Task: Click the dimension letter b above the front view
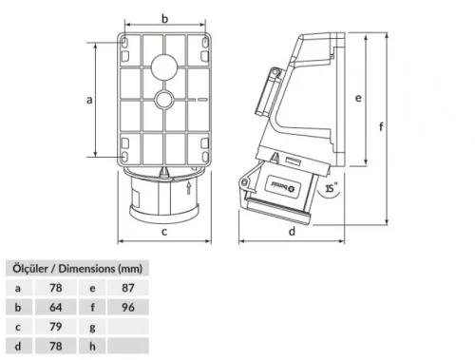(164, 19)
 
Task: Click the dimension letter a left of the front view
(88, 99)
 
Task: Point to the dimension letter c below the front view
(164, 229)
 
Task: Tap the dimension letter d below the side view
(292, 229)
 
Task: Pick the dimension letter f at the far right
(380, 125)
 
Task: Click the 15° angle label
(330, 190)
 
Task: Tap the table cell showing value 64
(56, 307)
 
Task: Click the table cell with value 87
(128, 286)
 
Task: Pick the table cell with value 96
(128, 307)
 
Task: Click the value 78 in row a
(56, 286)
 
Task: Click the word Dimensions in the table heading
(91, 267)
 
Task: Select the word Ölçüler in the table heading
(28, 267)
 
